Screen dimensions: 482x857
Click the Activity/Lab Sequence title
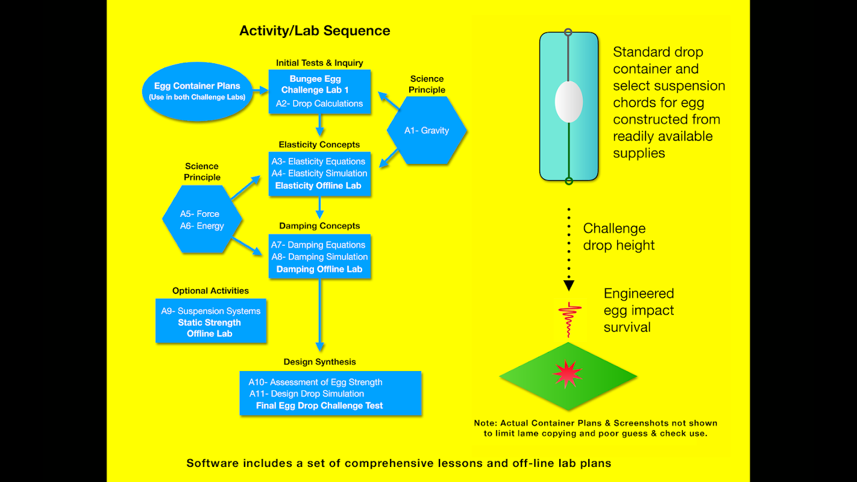click(315, 31)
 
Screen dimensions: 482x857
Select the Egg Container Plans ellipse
click(197, 91)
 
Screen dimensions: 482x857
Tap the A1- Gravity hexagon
click(427, 130)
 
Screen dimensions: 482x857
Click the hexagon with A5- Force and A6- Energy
click(202, 220)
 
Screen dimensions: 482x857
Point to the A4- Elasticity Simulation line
click(319, 174)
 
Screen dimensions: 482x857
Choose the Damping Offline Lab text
click(319, 269)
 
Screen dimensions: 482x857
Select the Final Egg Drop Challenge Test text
click(319, 405)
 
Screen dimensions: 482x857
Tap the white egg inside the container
click(568, 101)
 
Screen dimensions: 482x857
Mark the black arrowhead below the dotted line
click(568, 286)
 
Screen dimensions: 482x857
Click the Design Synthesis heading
click(319, 362)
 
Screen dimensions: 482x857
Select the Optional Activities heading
click(210, 291)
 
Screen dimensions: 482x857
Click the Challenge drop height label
click(618, 237)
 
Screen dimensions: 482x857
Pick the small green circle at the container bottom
click(568, 181)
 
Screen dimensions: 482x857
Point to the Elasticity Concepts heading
click(319, 145)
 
